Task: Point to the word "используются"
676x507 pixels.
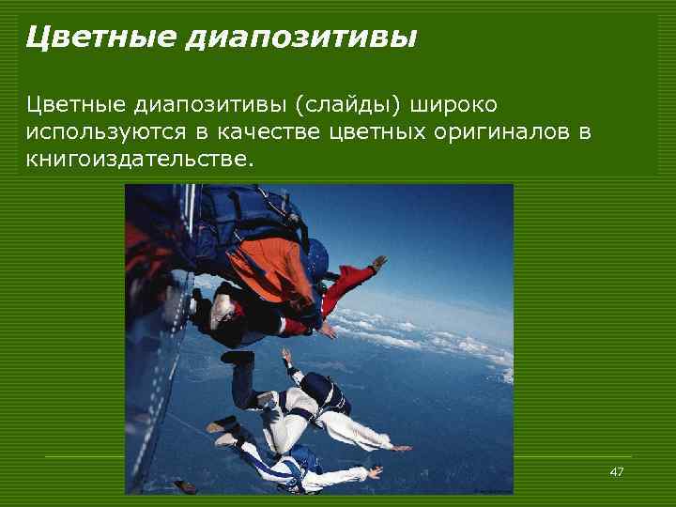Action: point(109,131)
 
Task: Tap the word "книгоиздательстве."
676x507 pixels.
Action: point(140,160)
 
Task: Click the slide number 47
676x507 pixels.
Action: point(616,471)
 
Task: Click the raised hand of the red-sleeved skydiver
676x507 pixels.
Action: point(378,262)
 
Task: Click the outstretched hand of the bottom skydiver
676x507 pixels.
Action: point(376,470)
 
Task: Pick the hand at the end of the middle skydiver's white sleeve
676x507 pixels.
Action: point(402,448)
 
